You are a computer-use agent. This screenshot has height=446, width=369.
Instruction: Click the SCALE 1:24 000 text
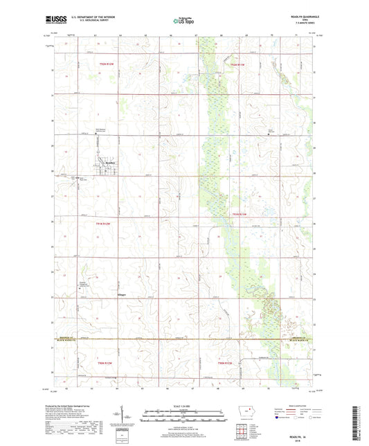(x=184, y=406)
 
